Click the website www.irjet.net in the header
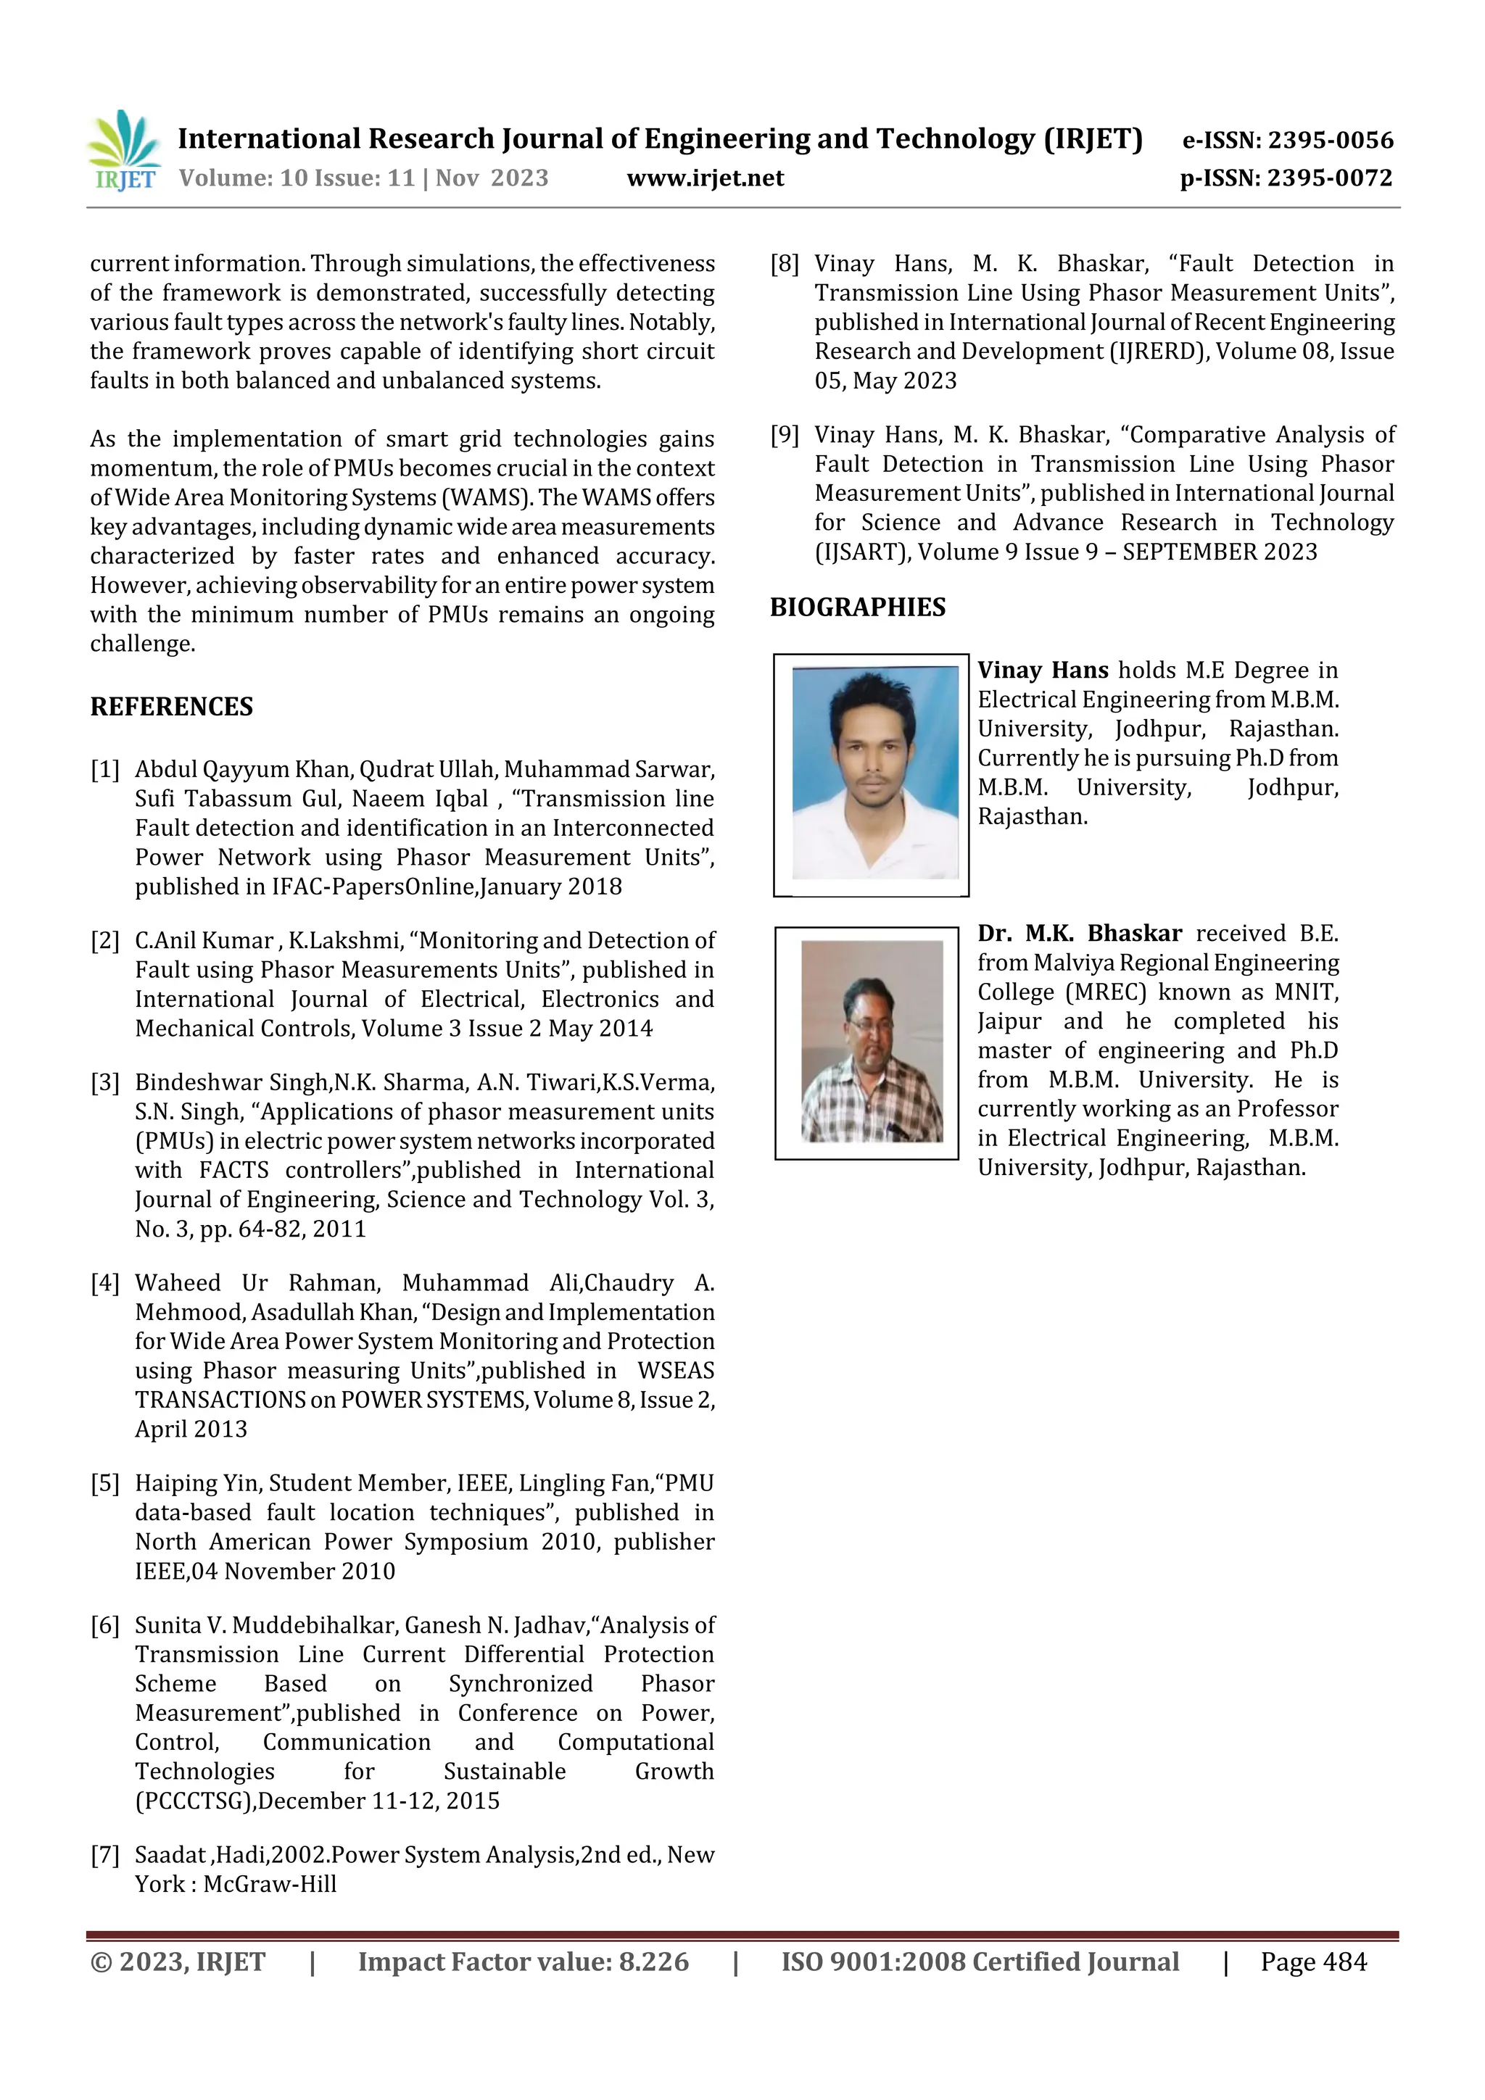pyautogui.click(x=705, y=178)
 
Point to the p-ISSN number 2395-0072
pyautogui.click(x=1329, y=178)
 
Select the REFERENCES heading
pyautogui.click(x=171, y=707)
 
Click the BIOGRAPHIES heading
pyautogui.click(x=857, y=607)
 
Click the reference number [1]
pyautogui.click(x=105, y=770)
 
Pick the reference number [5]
pyautogui.click(x=105, y=1484)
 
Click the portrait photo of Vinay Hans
pyautogui.click(x=871, y=773)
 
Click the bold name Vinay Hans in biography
pyautogui.click(x=1042, y=671)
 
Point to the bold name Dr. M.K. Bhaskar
pyautogui.click(x=1079, y=934)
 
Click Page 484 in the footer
pyautogui.click(x=1313, y=1962)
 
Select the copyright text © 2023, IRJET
pyautogui.click(x=178, y=1962)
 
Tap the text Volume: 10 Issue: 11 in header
pyautogui.click(x=297, y=178)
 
